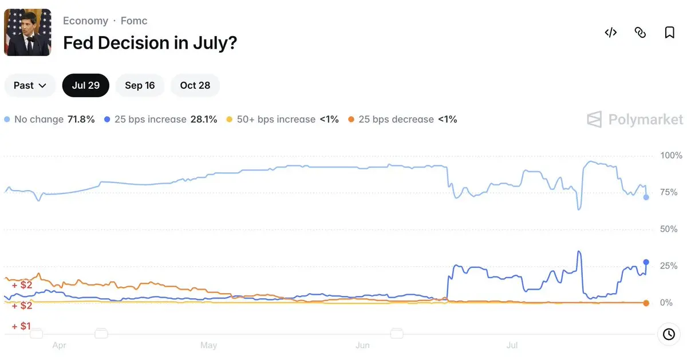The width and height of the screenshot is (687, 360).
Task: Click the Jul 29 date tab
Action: [85, 85]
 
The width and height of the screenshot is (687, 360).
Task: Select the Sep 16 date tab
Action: [140, 85]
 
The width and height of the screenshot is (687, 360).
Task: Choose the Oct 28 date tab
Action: [195, 85]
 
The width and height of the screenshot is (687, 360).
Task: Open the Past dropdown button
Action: [30, 85]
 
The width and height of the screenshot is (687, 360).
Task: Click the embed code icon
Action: [611, 32]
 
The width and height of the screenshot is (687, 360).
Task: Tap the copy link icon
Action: [640, 32]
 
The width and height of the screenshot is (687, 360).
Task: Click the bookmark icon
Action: [669, 32]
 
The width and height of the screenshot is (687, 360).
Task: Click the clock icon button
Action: [669, 334]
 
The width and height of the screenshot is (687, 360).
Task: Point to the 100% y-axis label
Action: [671, 155]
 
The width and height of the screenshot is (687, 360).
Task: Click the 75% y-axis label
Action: [669, 192]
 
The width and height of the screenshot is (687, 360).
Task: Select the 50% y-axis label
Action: [669, 229]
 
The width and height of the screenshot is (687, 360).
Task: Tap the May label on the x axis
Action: [208, 345]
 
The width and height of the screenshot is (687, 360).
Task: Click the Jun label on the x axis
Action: [362, 345]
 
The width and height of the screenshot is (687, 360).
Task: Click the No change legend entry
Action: [49, 119]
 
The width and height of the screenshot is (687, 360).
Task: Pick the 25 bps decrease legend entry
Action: [402, 119]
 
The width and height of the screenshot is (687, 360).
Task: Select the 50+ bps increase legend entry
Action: [282, 119]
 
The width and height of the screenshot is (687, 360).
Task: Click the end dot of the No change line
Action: [646, 197]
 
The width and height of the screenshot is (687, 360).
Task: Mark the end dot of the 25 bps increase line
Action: [646, 262]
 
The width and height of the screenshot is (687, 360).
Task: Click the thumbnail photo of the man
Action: [27, 32]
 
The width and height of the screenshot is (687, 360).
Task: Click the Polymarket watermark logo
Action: [635, 119]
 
